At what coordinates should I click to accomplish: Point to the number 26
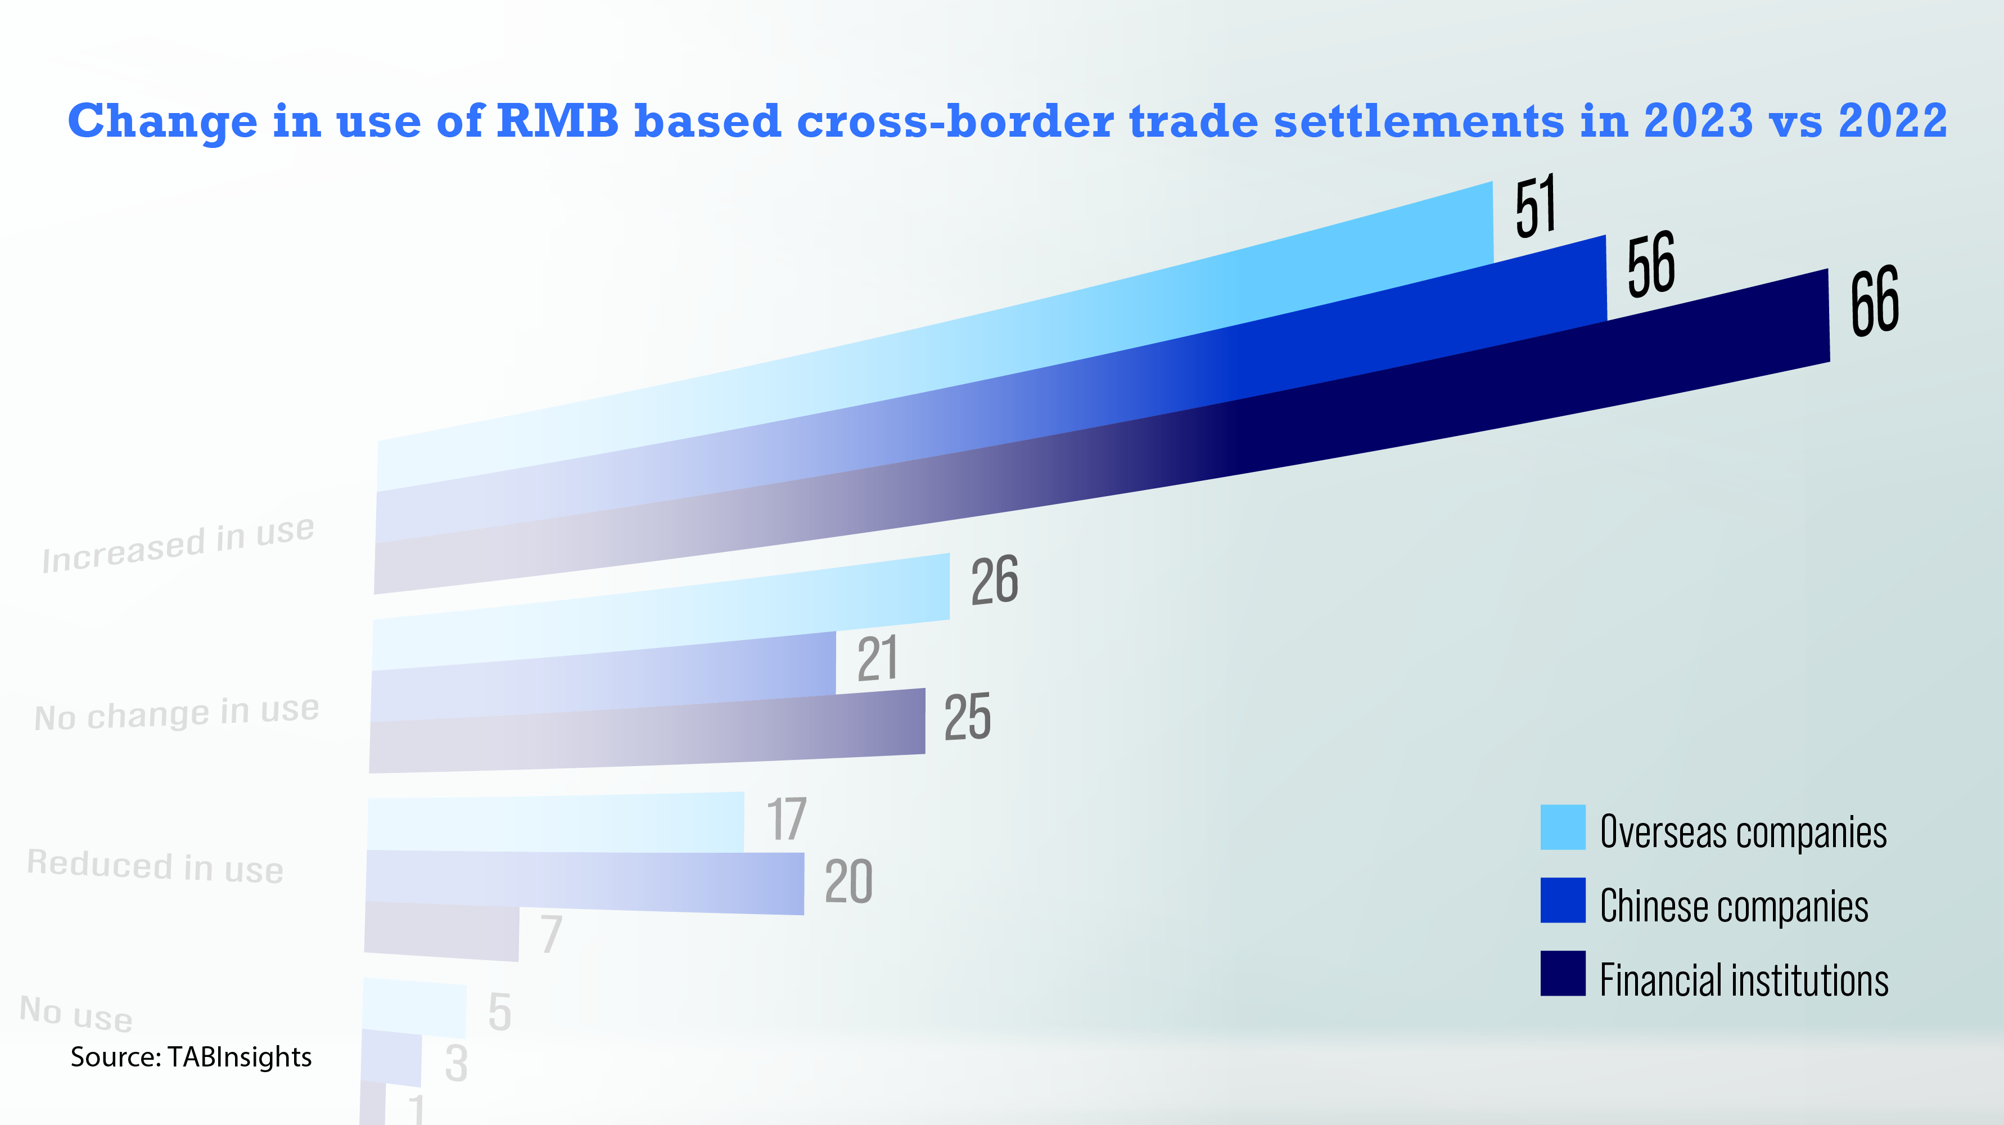[994, 580]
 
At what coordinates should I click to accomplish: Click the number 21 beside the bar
[878, 658]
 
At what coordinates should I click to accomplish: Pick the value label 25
[967, 717]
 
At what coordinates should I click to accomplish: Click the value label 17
[787, 819]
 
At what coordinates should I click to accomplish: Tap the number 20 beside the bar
[848, 881]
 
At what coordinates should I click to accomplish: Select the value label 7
[552, 934]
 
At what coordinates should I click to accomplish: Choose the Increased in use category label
[178, 544]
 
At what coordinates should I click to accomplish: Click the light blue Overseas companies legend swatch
[1562, 827]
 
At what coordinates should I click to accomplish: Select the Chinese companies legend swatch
[1562, 900]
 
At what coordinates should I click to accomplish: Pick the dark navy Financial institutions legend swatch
[1562, 973]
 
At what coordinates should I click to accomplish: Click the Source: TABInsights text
[191, 1057]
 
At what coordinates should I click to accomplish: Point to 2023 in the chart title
[1698, 121]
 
